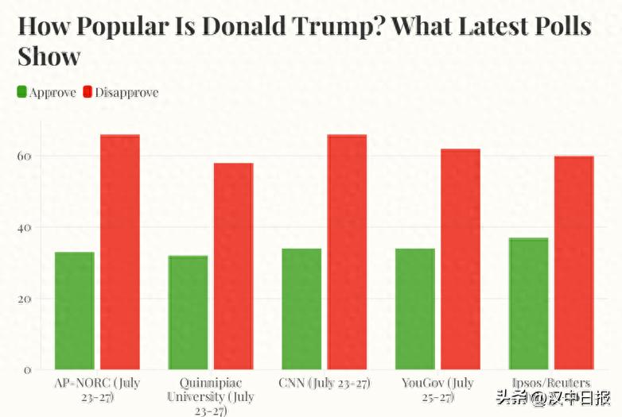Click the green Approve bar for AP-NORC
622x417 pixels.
click(75, 311)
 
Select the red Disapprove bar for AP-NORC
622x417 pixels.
click(120, 252)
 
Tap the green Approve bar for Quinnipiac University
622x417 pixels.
click(188, 312)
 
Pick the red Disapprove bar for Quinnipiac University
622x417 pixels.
click(233, 266)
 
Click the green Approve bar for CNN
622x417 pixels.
click(301, 309)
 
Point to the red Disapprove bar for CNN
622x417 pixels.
click(347, 252)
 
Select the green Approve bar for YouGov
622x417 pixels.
click(415, 309)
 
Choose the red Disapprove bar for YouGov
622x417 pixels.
click(461, 259)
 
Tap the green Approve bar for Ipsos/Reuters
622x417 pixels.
click(529, 303)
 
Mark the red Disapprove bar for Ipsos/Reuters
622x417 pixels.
click(574, 263)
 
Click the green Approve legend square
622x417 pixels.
click(21, 92)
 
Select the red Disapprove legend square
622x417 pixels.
click(87, 92)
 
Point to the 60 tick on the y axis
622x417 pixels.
click(24, 156)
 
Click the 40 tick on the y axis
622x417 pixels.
click(24, 228)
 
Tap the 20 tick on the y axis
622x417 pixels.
click(24, 299)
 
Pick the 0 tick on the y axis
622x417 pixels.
click(27, 371)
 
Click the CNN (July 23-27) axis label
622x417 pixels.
click(325, 384)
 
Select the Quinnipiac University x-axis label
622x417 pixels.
click(211, 397)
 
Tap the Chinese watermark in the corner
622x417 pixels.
click(554, 398)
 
